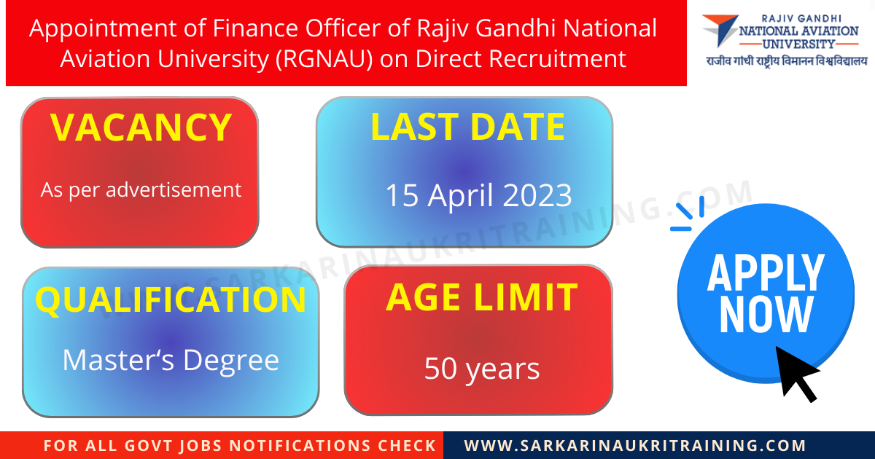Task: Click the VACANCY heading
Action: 141,127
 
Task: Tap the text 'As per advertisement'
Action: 141,190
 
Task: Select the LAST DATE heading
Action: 467,127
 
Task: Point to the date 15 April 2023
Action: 478,195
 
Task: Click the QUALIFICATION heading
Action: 171,299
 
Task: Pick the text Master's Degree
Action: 171,360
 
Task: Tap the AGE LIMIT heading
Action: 481,297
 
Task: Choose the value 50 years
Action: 482,369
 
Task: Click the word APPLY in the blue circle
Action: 766,273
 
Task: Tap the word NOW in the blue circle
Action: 766,315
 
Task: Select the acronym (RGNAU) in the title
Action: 325,58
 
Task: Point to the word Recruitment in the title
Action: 558,58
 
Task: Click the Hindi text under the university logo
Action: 787,61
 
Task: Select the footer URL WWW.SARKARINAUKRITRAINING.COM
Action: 635,445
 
